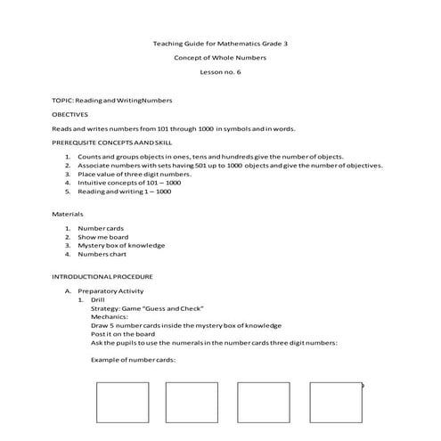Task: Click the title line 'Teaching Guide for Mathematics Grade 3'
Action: [220, 44]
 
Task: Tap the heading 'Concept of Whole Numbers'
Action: [220, 58]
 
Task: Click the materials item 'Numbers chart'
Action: [103, 255]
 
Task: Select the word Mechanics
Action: [110, 316]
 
